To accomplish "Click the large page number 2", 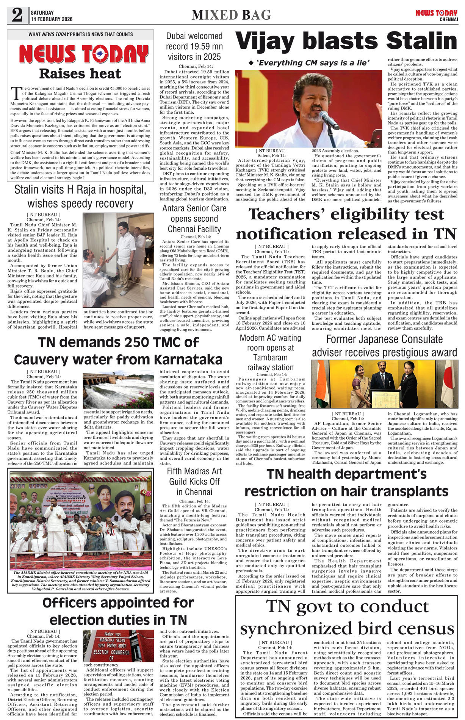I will point(17,15).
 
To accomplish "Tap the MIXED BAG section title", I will point(231,15).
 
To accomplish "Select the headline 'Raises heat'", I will point(80,74).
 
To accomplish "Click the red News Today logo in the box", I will point(83,54).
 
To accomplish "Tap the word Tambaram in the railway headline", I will point(270,358).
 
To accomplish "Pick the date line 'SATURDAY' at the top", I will point(42,13).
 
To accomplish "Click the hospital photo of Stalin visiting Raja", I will point(119,260).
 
